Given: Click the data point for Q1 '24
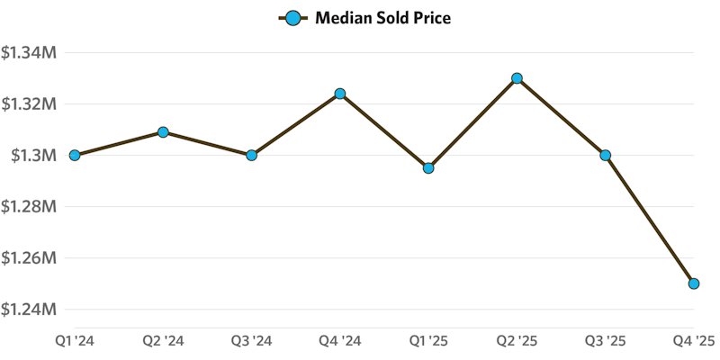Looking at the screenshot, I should pos(75,155).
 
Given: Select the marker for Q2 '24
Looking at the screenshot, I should pos(163,132).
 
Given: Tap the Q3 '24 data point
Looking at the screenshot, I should pos(252,155).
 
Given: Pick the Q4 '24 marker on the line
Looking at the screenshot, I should pos(340,94).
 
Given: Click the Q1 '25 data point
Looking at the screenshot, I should pos(428,167).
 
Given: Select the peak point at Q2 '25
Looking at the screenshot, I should pos(517,78).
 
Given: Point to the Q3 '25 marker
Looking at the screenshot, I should pos(606,155).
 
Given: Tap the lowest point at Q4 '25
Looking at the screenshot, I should pos(694,283).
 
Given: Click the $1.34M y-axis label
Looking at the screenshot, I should pos(30,53).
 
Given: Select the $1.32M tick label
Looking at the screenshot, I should pos(30,104).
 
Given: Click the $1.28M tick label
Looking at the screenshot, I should pos(30,207).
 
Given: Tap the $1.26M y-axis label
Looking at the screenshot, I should pos(30,258).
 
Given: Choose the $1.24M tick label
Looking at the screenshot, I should pos(30,310).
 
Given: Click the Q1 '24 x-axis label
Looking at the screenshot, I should pos(75,341).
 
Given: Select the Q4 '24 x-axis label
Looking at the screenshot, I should pos(340,341).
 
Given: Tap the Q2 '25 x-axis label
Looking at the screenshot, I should pos(517,341).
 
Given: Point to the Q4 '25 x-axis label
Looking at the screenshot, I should pos(694,341).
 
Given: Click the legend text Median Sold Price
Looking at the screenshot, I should pos(382,18).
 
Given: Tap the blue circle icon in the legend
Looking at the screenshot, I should pos(292,18).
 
